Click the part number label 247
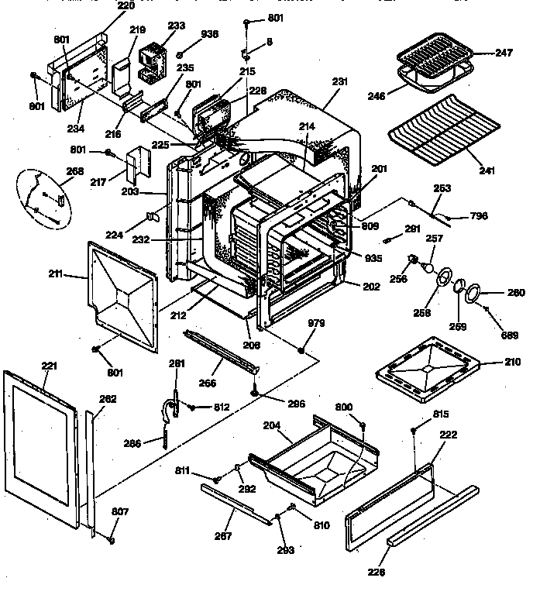(x=504, y=53)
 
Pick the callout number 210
(x=512, y=361)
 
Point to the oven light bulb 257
(x=426, y=265)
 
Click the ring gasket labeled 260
(x=473, y=294)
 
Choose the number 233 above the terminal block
(x=177, y=26)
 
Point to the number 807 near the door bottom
(x=99, y=511)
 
